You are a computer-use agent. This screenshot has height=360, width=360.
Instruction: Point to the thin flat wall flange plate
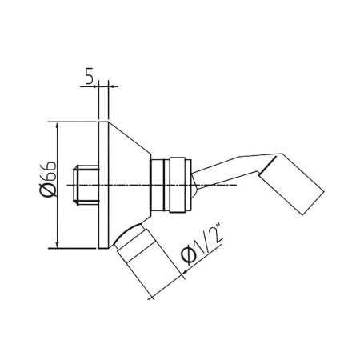(102, 185)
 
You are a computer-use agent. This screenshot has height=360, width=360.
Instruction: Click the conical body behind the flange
(127, 185)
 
